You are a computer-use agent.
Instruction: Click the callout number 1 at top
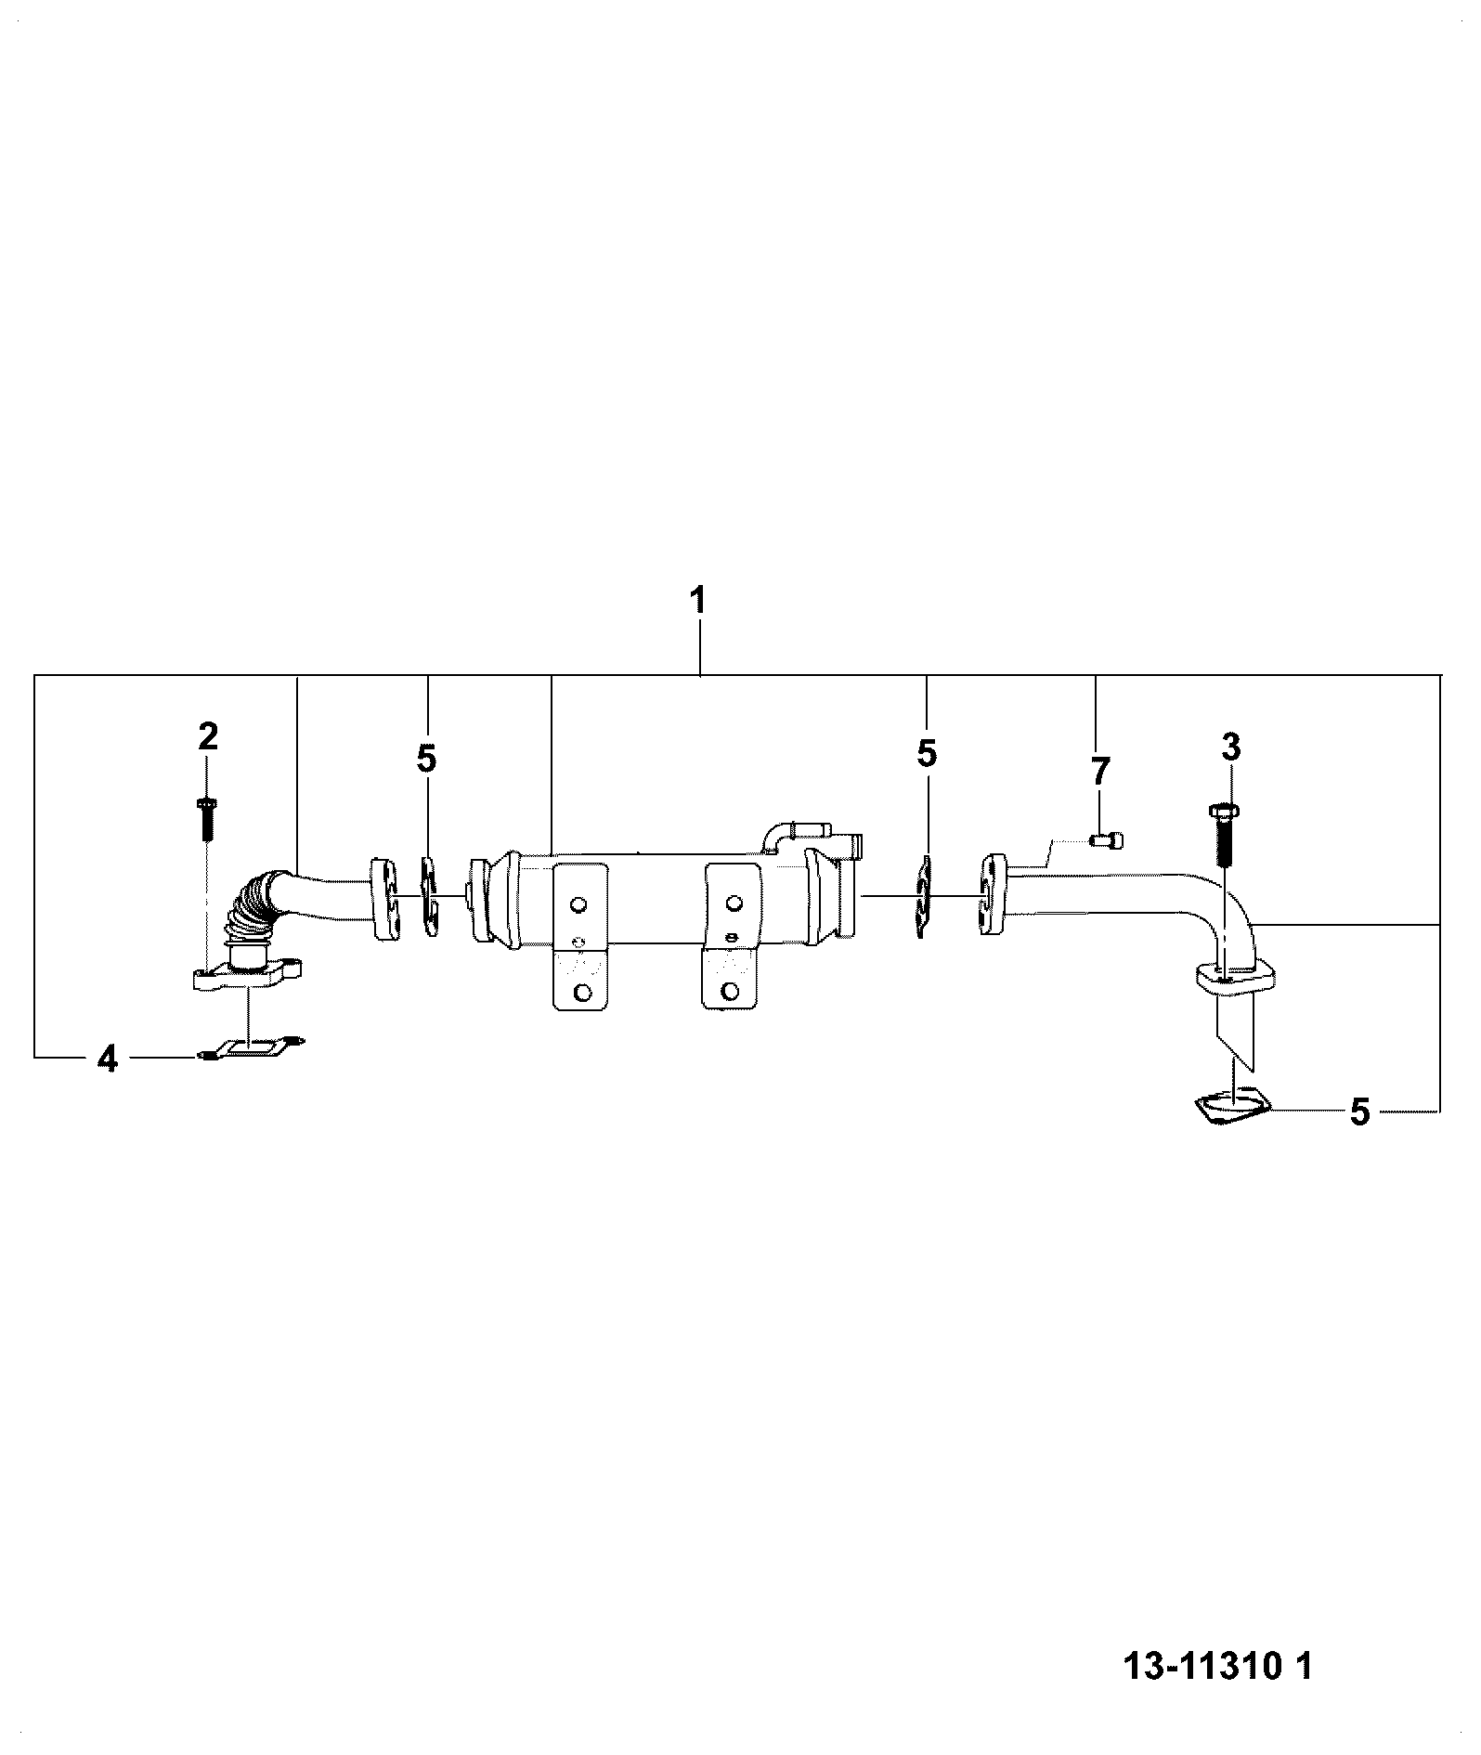click(698, 600)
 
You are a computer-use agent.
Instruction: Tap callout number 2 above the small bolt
click(208, 736)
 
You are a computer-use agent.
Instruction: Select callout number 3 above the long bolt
click(1230, 746)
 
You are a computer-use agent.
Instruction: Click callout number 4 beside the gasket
click(109, 1058)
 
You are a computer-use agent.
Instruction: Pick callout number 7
click(1098, 772)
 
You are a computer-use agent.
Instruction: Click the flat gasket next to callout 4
click(253, 1047)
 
